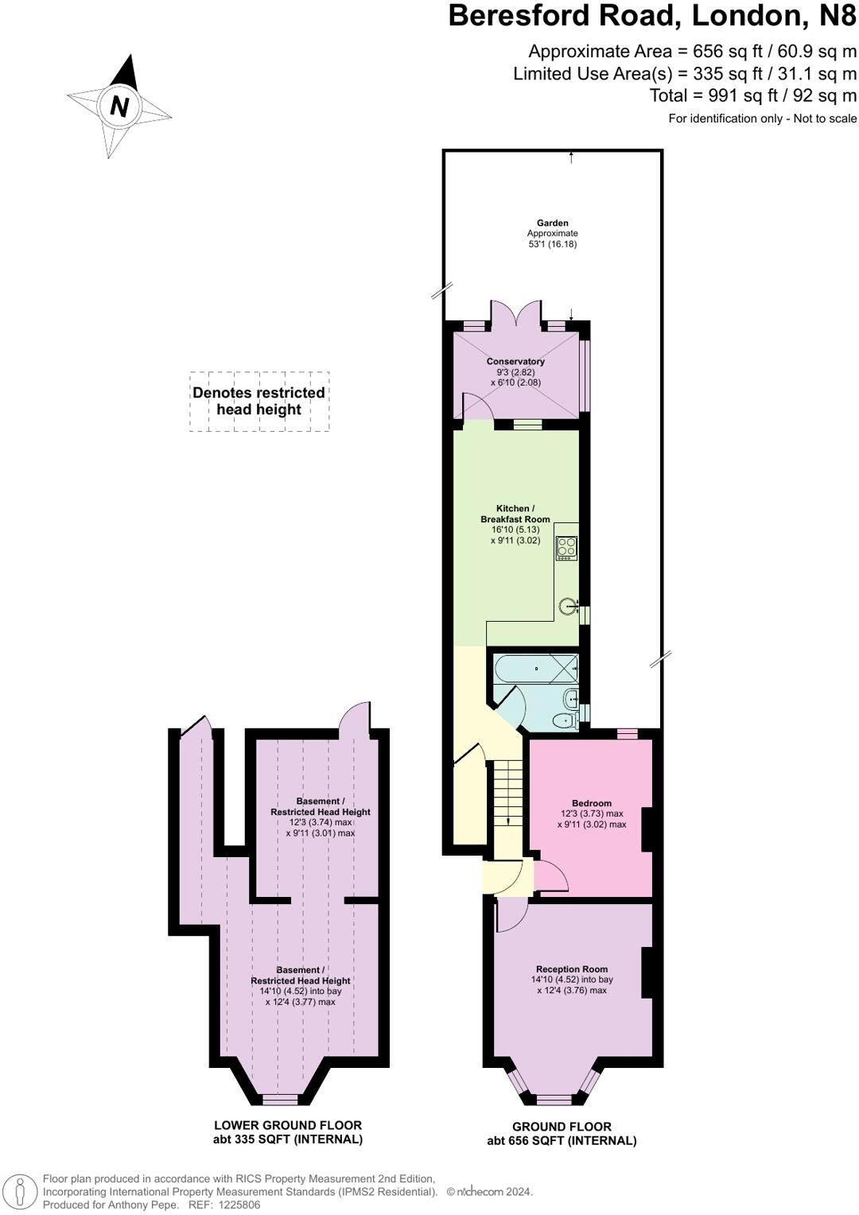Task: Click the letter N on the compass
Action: (x=119, y=106)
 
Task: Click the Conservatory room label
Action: (x=515, y=362)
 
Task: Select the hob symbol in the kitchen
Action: (x=566, y=548)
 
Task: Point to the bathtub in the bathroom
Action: (x=535, y=669)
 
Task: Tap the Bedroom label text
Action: (x=591, y=803)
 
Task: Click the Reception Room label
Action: (x=571, y=969)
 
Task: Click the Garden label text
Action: (x=552, y=223)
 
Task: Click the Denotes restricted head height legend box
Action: (x=259, y=402)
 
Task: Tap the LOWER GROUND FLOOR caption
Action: (x=287, y=1125)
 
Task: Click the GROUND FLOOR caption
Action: (x=562, y=1127)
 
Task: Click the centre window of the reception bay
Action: (x=554, y=1100)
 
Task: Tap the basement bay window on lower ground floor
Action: (x=280, y=1100)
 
